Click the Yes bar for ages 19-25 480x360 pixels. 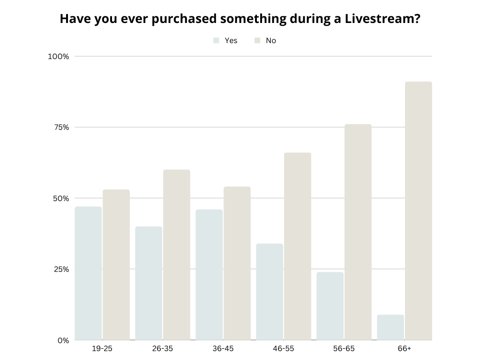click(x=88, y=273)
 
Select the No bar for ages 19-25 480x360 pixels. click(x=116, y=265)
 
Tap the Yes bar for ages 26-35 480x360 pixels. click(x=149, y=283)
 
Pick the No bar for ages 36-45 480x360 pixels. click(x=237, y=263)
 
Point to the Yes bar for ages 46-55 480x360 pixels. click(x=270, y=292)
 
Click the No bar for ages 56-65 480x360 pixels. click(x=358, y=232)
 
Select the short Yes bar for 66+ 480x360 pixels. click(x=390, y=327)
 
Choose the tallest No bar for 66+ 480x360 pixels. click(x=418, y=211)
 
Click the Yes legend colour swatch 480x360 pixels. click(x=216, y=41)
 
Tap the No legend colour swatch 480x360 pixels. click(x=257, y=41)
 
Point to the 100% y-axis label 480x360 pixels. click(x=59, y=57)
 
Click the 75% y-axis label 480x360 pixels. click(x=60, y=127)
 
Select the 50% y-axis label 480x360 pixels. click(x=60, y=198)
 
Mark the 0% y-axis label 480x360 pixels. click(x=63, y=340)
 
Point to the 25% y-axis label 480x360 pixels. click(x=60, y=270)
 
